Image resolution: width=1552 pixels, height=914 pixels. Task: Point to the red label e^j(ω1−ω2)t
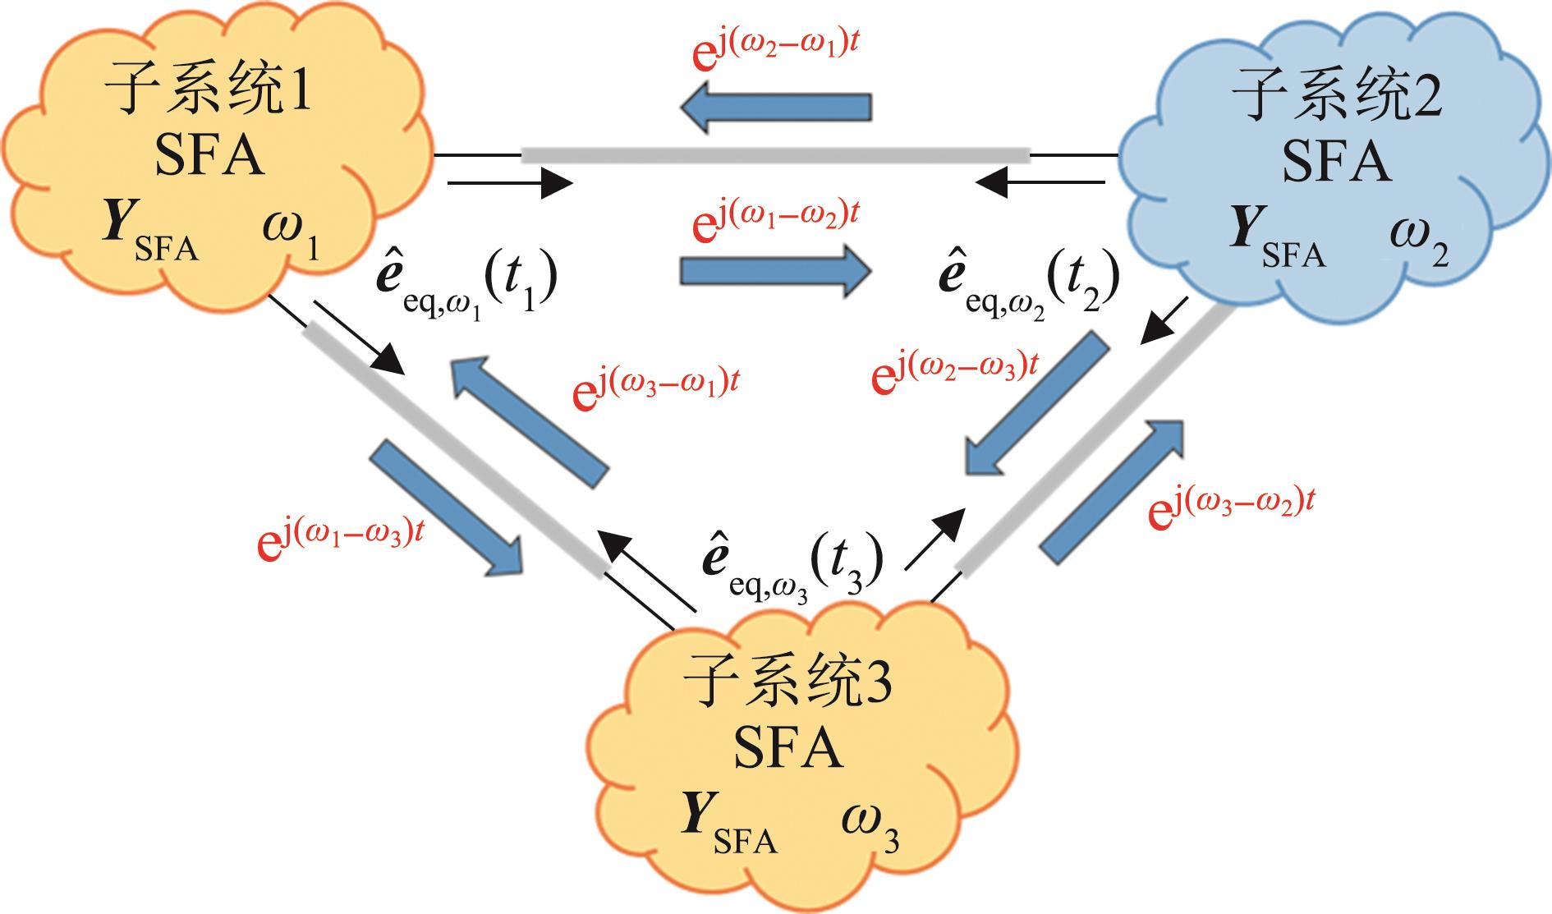[x=776, y=222]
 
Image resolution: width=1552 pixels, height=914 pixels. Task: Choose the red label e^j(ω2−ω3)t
[x=955, y=371]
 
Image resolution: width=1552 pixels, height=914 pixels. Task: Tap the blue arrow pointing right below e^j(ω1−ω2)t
[x=775, y=271]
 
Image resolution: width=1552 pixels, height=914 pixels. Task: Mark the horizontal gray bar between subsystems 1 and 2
[x=775, y=154]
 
